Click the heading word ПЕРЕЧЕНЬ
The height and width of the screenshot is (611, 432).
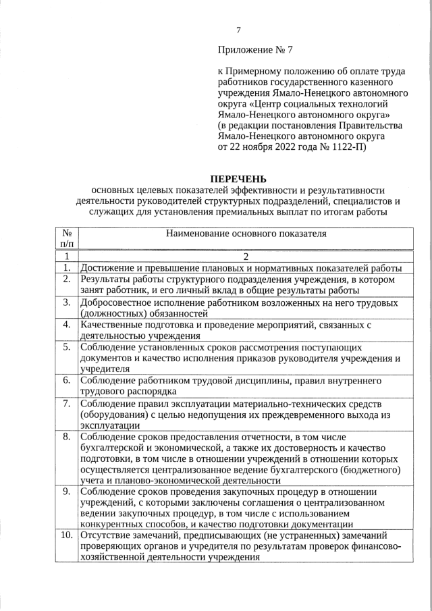click(x=238, y=179)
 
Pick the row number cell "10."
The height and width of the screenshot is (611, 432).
click(x=67, y=535)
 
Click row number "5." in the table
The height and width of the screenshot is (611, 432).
click(x=67, y=347)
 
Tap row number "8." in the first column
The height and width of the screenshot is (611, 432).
click(x=67, y=436)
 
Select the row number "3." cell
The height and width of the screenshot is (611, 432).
click(x=67, y=302)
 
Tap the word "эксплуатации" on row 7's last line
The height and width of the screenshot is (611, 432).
click(x=109, y=425)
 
